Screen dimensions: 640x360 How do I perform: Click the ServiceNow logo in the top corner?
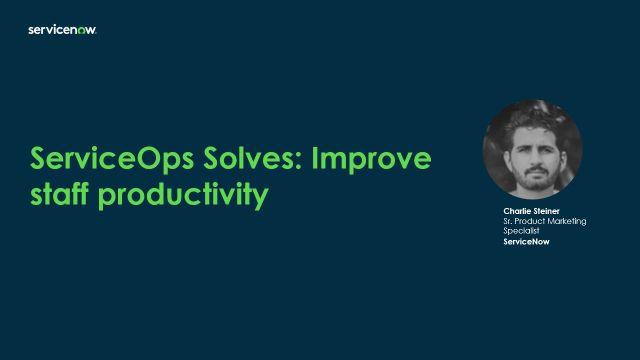click(x=62, y=30)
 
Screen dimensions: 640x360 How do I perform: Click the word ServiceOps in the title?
click(x=112, y=160)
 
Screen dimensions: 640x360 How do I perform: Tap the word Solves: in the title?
click(x=253, y=158)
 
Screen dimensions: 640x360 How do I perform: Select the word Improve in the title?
click(x=371, y=160)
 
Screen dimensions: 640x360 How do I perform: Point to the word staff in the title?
click(x=60, y=194)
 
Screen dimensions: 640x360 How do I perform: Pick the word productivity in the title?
click(x=183, y=196)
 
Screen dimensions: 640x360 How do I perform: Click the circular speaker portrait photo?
click(x=533, y=149)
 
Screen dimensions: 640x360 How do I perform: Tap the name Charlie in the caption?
click(x=516, y=211)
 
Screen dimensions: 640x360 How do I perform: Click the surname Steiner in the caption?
click(x=545, y=211)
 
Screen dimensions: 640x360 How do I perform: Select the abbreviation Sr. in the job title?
click(x=507, y=221)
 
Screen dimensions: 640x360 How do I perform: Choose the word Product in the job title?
click(x=529, y=221)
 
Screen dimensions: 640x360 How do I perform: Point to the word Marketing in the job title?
click(x=567, y=222)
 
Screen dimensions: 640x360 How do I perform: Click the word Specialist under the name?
click(x=521, y=231)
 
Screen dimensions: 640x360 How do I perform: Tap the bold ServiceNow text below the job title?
click(x=526, y=242)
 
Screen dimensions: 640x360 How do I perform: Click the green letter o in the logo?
click(x=81, y=31)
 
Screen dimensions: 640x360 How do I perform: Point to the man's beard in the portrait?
click(x=537, y=180)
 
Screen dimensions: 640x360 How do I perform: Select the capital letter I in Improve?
click(x=315, y=158)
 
